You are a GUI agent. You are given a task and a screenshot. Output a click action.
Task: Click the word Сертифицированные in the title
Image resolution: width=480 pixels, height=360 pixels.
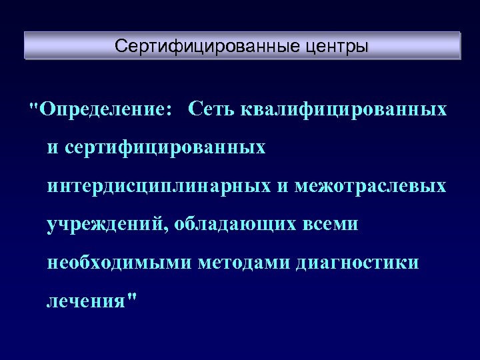coord(200,47)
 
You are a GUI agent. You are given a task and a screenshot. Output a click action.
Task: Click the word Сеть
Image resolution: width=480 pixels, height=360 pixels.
coord(209,109)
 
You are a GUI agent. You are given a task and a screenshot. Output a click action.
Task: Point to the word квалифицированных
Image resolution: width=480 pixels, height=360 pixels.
coord(343,109)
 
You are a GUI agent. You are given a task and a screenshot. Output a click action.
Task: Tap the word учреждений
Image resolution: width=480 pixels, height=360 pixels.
coord(107,224)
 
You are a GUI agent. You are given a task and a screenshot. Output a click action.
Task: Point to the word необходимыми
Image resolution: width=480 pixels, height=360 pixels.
coord(119,263)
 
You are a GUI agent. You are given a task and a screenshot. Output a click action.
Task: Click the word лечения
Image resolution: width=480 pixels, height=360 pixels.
coord(85,301)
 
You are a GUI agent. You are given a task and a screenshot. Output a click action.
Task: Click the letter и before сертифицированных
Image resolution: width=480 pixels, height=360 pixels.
coord(53,147)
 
